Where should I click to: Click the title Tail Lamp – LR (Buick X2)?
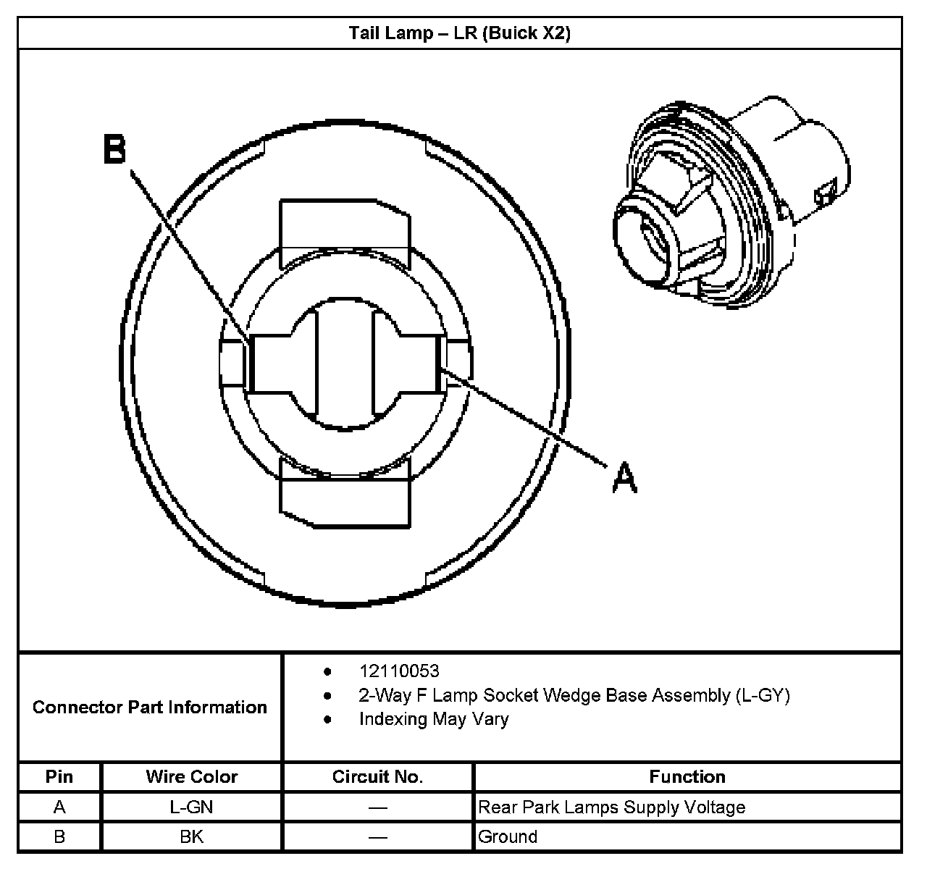pos(460,33)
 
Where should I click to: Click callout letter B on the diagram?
pos(115,150)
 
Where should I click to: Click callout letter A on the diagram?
pos(624,479)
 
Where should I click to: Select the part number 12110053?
pos(399,671)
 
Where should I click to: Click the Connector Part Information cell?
pos(150,707)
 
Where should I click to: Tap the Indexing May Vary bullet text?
pos(433,719)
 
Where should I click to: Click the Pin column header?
pos(59,777)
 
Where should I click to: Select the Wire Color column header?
pos(191,777)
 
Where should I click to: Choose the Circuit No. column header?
pos(377,777)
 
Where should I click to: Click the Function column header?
pos(687,777)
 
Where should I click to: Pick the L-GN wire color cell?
pos(191,807)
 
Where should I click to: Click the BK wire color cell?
pos(191,837)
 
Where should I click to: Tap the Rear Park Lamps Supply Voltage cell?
pos(612,807)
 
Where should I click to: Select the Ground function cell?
pos(508,837)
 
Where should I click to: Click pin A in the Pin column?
pos(59,807)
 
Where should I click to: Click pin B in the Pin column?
pos(59,837)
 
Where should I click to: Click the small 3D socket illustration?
pos(728,199)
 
